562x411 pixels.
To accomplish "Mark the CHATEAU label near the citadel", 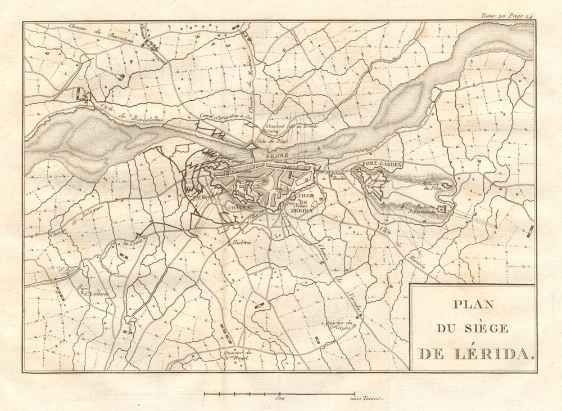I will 240,207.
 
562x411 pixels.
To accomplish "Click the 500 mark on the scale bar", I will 279,399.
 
